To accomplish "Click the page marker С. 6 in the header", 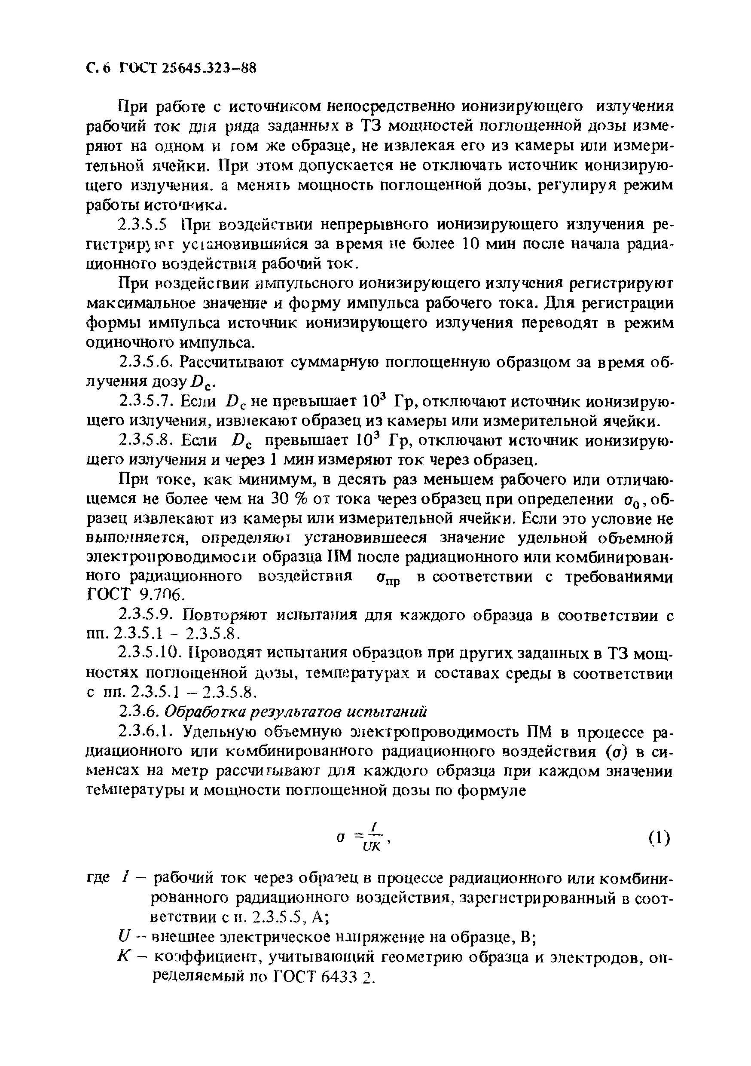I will point(99,69).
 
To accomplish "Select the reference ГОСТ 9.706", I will point(129,596).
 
